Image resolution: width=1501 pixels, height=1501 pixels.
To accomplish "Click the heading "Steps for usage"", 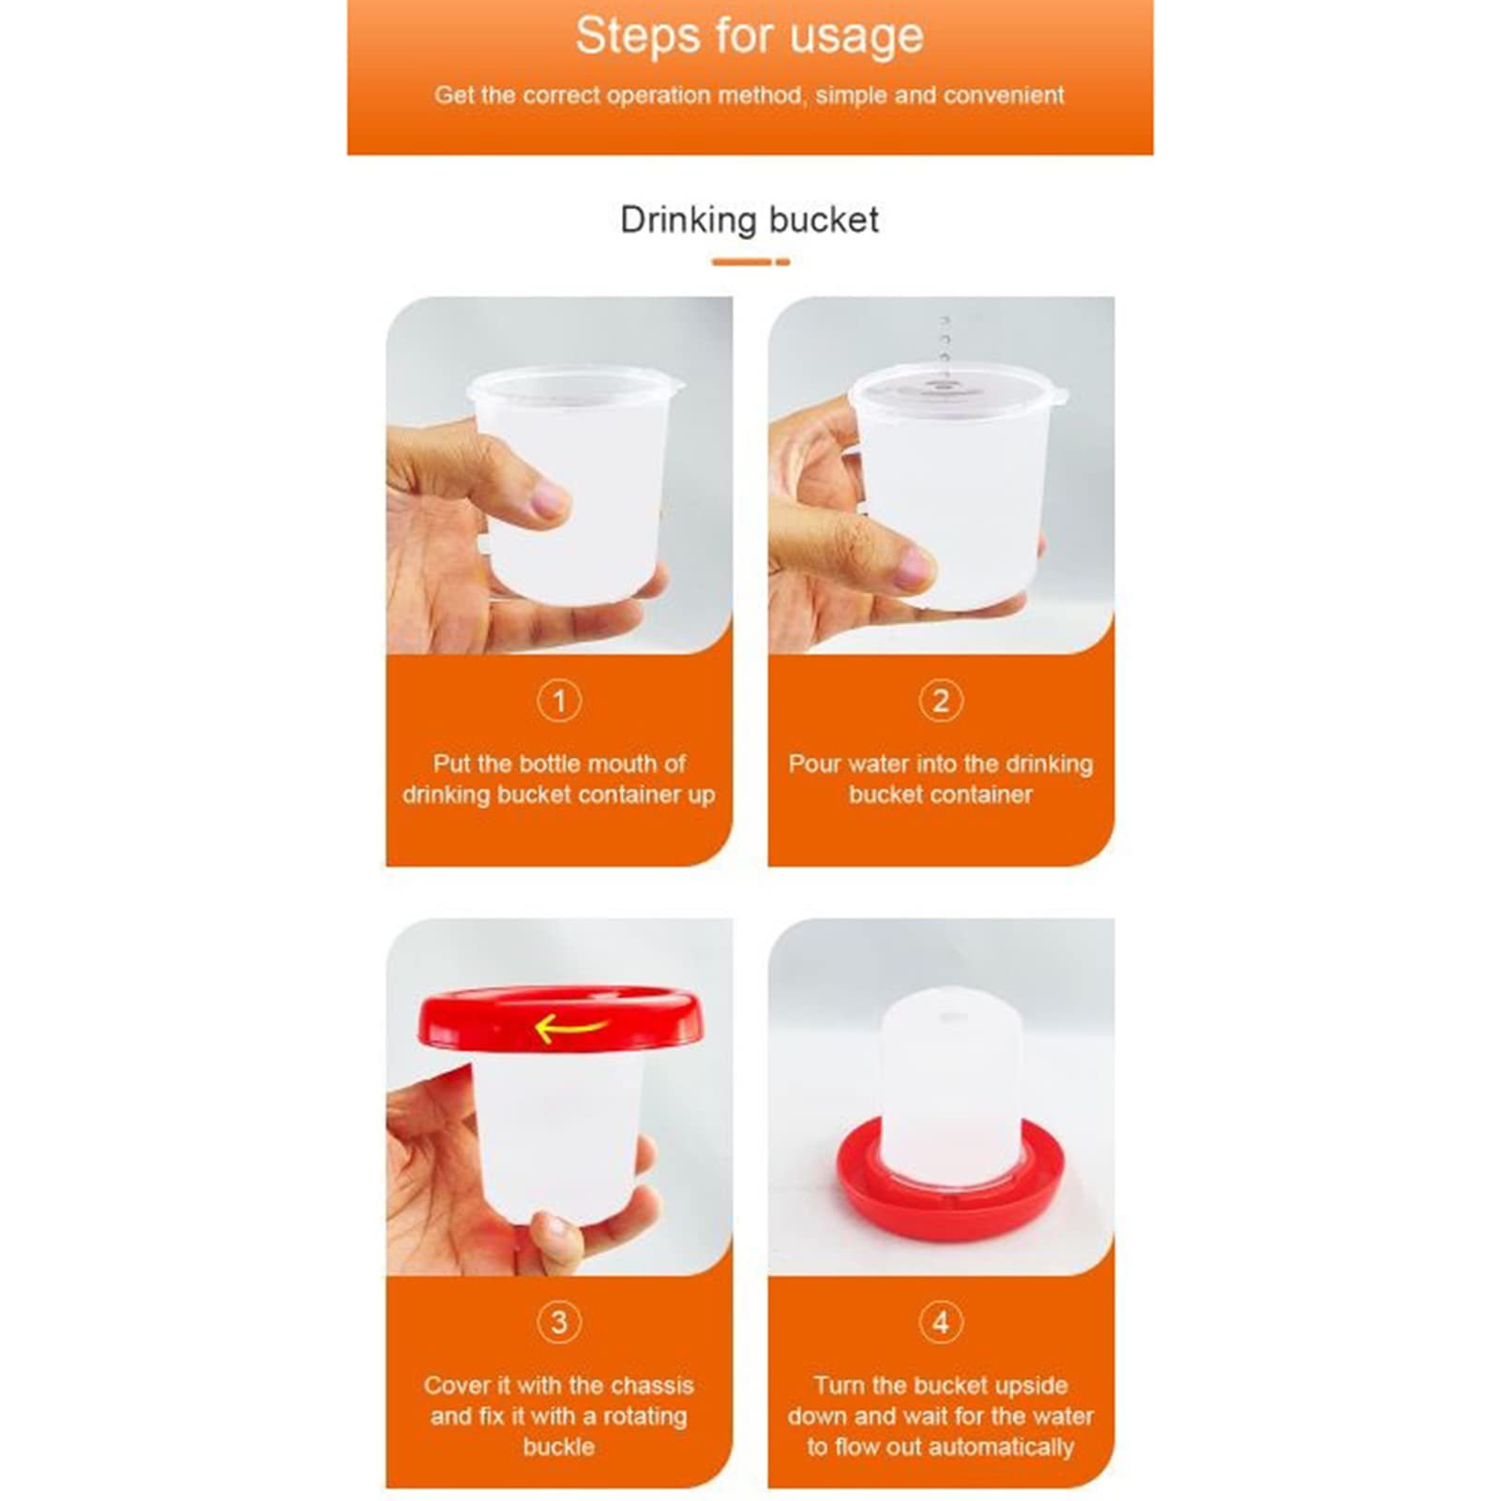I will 749,38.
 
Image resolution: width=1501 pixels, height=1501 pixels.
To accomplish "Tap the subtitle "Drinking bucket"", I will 749,220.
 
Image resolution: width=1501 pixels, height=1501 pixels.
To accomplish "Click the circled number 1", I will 559,701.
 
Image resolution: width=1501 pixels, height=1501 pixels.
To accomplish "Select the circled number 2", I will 941,701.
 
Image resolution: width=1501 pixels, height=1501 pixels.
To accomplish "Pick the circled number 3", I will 559,1322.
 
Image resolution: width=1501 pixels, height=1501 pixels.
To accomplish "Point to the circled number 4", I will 941,1322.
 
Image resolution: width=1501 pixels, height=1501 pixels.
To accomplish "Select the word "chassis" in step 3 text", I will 649,1386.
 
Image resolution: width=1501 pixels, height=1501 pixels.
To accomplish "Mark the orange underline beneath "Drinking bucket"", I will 749,262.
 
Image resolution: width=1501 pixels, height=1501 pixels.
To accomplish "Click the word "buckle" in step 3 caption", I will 558,1447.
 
